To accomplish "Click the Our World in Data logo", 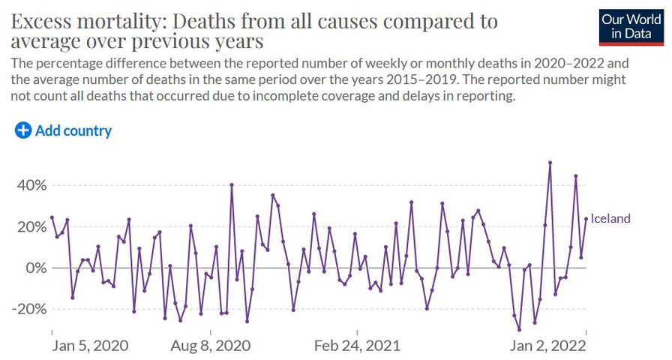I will [x=631, y=26].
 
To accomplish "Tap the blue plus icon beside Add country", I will [x=23, y=130].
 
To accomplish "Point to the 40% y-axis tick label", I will [x=31, y=185].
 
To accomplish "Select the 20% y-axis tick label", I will [x=31, y=226].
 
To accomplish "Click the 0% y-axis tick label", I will [x=35, y=268].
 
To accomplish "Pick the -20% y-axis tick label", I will [x=28, y=309].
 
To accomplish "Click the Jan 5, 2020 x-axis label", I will [x=91, y=346].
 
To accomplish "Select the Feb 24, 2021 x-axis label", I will [x=358, y=346].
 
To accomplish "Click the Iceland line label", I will [x=610, y=219].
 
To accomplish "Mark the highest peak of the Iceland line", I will [x=550, y=162].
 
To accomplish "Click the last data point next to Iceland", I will [x=586, y=219].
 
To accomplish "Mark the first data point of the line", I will [x=52, y=217].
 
